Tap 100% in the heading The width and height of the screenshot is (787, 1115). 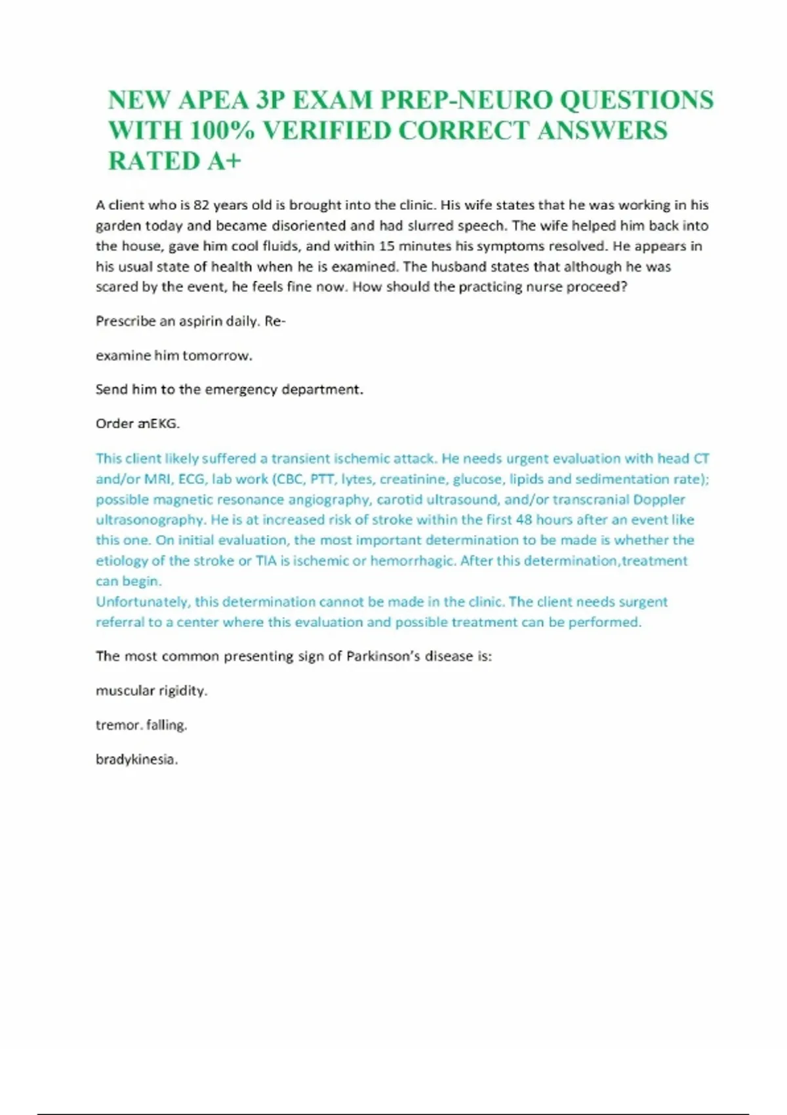[222, 131]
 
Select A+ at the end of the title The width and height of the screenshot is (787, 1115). [224, 161]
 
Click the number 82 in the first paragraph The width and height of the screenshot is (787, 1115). [202, 205]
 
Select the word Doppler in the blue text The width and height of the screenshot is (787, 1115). [658, 500]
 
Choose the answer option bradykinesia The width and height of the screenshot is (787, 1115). [136, 760]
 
